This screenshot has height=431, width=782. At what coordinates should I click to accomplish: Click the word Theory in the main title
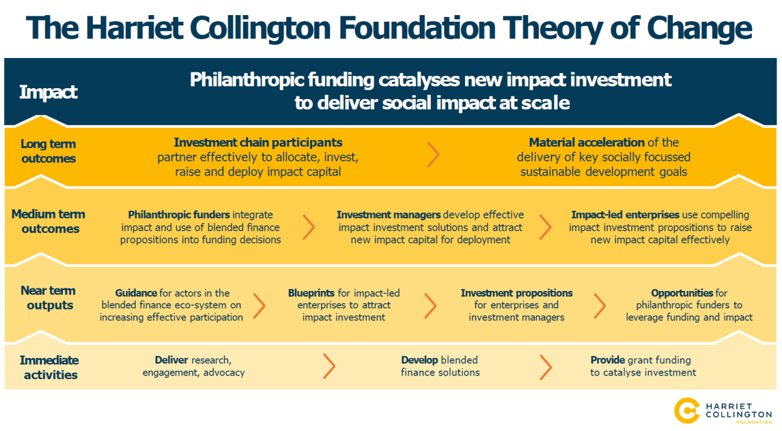(x=552, y=28)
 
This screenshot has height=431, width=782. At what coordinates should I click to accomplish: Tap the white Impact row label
(x=48, y=92)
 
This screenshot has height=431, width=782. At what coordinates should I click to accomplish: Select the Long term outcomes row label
(x=48, y=151)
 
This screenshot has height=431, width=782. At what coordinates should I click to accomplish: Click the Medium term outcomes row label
(x=48, y=222)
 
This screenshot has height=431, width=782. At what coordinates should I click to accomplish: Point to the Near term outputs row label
(x=48, y=298)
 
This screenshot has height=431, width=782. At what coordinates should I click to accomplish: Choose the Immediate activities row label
(x=49, y=368)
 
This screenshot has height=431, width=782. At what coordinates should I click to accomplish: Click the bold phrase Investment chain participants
(x=258, y=142)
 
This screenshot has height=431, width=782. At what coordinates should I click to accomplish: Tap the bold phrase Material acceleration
(x=586, y=142)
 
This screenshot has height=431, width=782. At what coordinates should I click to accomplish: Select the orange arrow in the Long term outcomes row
(x=433, y=155)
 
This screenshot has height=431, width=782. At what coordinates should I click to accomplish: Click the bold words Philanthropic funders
(x=179, y=214)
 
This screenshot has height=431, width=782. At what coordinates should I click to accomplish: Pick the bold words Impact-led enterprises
(x=625, y=214)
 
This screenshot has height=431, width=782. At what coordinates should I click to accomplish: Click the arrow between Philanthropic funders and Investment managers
(x=308, y=227)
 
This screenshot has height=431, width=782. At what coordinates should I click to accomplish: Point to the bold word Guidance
(x=136, y=293)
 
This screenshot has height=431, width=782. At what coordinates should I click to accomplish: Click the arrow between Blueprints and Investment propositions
(x=430, y=305)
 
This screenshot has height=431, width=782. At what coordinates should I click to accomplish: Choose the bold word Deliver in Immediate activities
(x=171, y=360)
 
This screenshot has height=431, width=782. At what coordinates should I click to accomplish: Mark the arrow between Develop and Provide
(x=545, y=367)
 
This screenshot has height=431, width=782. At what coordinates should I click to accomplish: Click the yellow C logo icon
(x=687, y=410)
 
